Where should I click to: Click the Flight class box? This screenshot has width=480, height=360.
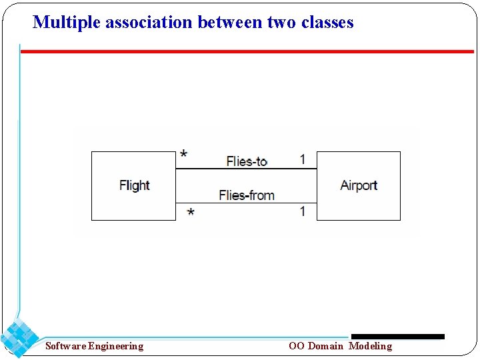click(133, 185)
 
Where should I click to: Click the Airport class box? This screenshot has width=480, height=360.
click(358, 185)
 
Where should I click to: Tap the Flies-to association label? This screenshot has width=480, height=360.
click(247, 161)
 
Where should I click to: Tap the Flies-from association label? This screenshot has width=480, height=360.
click(246, 195)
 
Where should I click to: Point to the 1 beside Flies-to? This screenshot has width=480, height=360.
click(303, 159)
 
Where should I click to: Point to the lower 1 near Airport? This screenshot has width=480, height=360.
click(303, 211)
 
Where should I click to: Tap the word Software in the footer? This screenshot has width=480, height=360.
click(65, 346)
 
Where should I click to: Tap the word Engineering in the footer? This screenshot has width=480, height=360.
click(116, 346)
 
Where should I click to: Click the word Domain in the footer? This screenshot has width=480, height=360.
click(325, 346)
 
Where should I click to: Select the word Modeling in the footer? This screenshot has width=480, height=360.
click(371, 346)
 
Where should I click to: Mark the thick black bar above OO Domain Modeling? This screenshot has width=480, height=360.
click(397, 337)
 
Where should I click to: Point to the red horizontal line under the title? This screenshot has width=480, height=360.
click(247, 51)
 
